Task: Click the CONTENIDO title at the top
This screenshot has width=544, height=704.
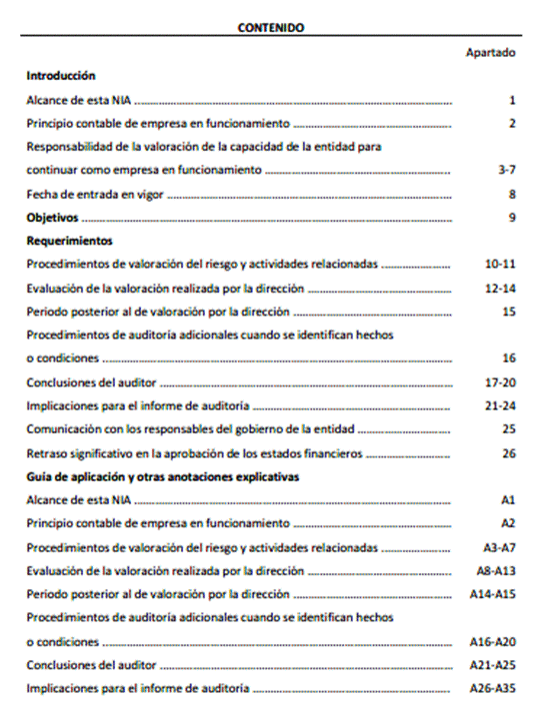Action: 272,28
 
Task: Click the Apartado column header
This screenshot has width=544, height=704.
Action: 490,52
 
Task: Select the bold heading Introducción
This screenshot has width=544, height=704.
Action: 61,75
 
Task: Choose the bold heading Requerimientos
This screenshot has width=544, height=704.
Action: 69,241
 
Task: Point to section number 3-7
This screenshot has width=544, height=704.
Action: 507,171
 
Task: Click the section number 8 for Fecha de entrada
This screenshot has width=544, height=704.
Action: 511,194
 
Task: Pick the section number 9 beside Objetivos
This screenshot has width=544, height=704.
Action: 511,217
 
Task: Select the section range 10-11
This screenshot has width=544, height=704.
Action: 501,265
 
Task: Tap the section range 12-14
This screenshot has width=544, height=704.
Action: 501,288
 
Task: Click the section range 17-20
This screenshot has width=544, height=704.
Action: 501,382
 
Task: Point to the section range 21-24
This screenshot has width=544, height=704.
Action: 501,406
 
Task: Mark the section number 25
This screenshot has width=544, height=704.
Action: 508,429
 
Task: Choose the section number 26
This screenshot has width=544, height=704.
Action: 508,453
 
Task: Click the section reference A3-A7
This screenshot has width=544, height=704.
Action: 497,547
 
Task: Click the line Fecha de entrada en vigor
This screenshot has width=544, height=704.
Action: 95,194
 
